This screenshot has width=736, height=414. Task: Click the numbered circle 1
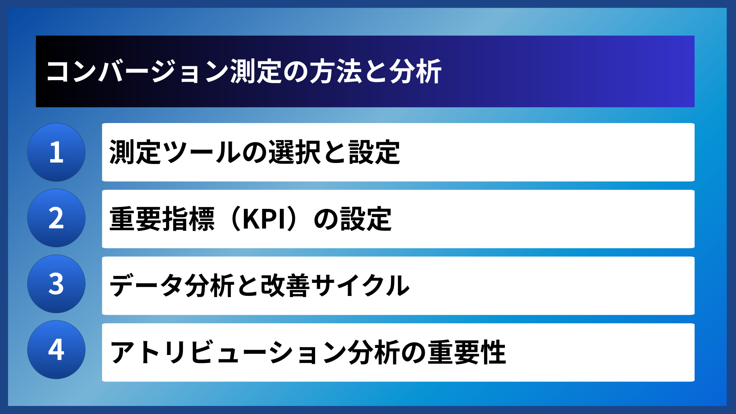[56, 152]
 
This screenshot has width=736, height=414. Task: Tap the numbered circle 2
[56, 218]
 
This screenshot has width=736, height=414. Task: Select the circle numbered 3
[56, 284]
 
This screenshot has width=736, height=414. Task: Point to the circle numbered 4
[56, 350]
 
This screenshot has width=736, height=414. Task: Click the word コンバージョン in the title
[137, 72]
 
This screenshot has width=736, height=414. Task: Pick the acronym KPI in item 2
[264, 219]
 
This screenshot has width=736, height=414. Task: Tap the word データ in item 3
[146, 286]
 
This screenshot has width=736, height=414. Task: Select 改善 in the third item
[285, 286]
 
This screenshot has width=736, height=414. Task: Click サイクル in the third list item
[360, 286]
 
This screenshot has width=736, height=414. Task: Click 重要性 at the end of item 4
[467, 352]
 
